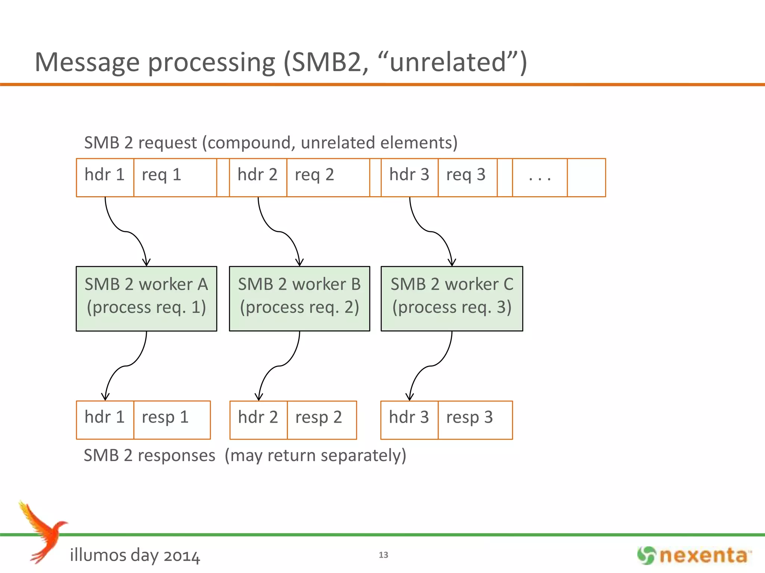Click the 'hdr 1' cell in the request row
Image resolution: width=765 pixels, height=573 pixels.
[105, 177]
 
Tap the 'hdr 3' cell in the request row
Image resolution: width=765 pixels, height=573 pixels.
[409, 177]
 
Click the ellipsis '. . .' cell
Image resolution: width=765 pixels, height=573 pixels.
[540, 177]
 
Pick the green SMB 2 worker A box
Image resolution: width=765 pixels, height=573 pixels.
[146, 298]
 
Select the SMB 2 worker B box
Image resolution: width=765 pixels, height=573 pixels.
[300, 298]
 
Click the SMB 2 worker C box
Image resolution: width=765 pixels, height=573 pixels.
[452, 298]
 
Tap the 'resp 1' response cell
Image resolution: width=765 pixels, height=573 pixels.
[172, 420]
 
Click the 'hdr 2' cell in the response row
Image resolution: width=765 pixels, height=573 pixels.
[258, 420]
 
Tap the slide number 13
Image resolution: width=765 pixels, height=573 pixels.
[383, 555]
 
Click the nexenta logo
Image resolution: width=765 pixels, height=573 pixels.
[694, 555]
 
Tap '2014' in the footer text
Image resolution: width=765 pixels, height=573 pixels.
[182, 556]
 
